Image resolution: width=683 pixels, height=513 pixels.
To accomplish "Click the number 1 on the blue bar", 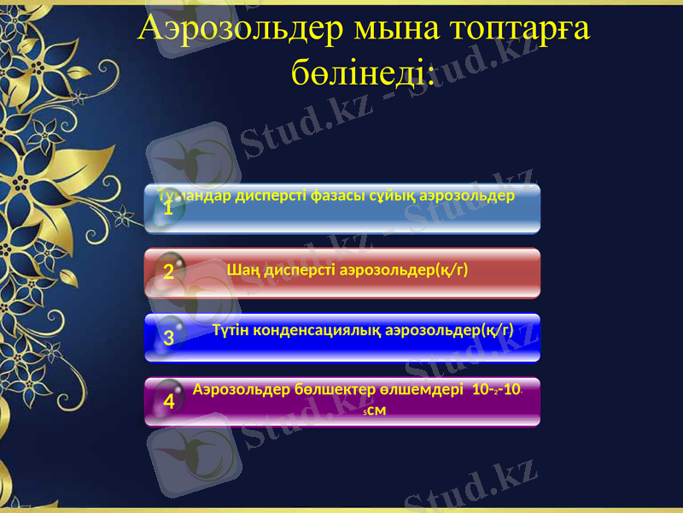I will (x=169, y=208).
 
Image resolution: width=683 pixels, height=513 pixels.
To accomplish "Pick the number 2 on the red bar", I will (x=169, y=273).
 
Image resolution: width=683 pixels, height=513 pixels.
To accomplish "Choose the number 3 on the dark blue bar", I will (x=169, y=338).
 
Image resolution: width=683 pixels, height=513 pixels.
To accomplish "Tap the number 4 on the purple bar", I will (x=169, y=401).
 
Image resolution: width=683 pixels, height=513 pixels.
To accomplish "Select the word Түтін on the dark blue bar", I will (x=232, y=330).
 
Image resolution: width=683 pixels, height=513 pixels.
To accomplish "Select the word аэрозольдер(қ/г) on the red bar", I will (x=405, y=270).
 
